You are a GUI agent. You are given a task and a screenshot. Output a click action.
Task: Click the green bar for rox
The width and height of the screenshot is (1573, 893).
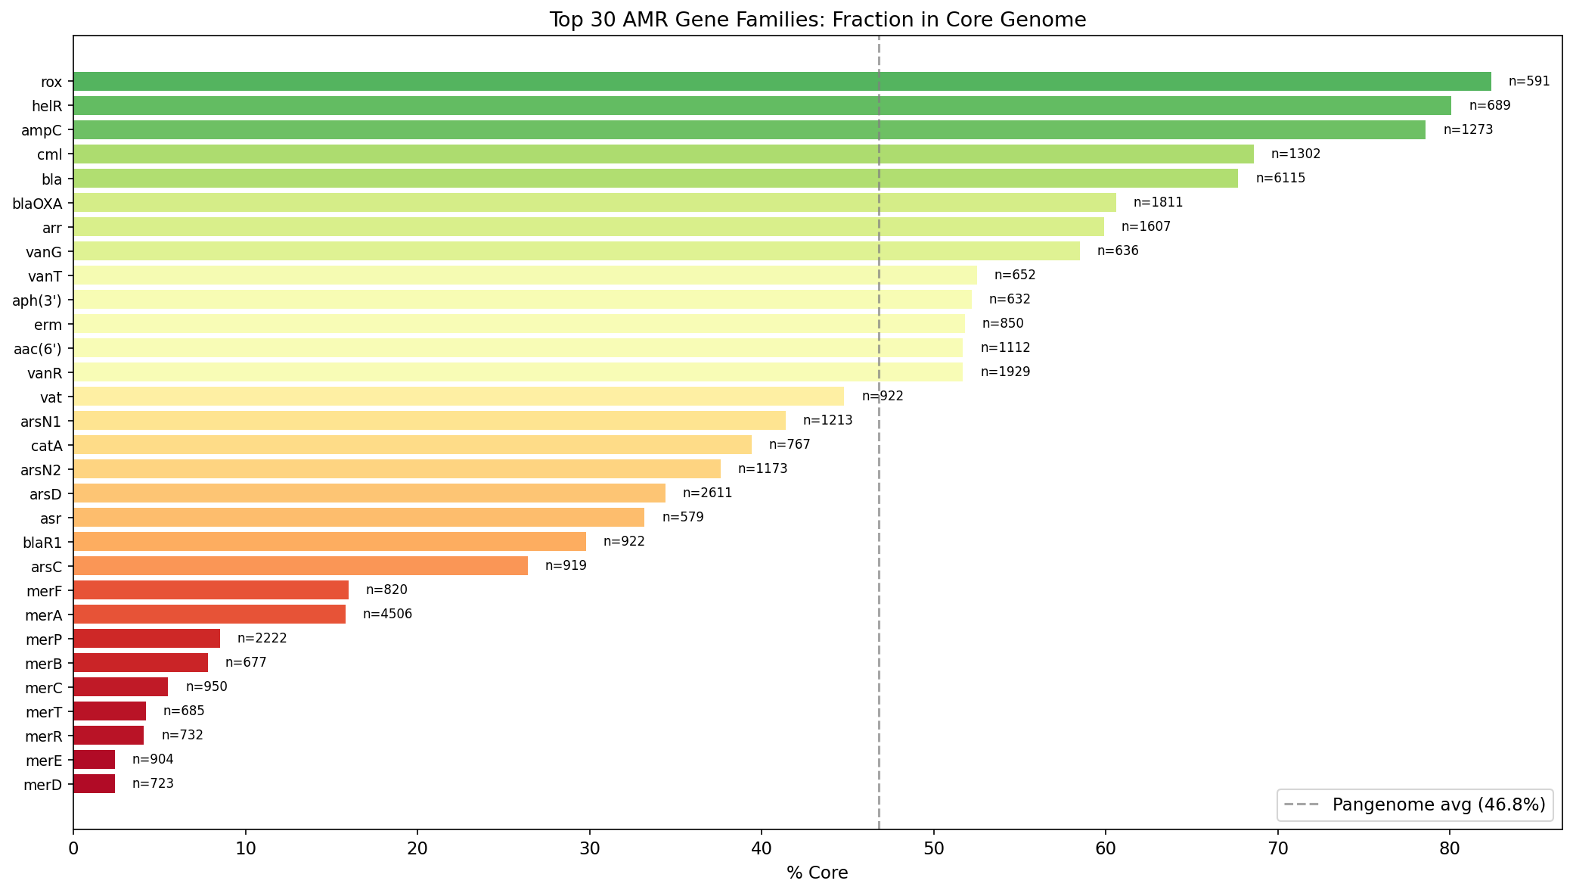[x=782, y=82]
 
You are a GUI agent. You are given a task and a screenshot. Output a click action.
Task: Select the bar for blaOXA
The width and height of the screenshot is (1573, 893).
[x=594, y=203]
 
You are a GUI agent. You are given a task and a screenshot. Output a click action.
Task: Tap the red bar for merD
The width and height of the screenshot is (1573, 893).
[x=94, y=784]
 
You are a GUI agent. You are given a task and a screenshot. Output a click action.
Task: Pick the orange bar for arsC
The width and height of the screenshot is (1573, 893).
[x=300, y=566]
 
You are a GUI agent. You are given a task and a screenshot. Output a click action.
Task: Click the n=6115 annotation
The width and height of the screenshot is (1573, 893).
[x=1280, y=179]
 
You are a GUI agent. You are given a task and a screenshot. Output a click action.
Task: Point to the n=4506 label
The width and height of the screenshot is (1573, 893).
[x=387, y=615]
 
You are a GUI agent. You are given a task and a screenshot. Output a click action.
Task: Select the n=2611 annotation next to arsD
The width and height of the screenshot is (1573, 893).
[x=707, y=493]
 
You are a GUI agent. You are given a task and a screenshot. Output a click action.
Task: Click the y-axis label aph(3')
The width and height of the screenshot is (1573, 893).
[x=37, y=300]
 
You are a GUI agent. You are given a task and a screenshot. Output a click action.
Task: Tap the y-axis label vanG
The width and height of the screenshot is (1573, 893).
[x=44, y=252]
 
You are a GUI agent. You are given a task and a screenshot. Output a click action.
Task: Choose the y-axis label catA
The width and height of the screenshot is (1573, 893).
[x=47, y=446]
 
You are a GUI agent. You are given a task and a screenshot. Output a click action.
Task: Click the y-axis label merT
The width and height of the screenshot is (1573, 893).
[x=44, y=712]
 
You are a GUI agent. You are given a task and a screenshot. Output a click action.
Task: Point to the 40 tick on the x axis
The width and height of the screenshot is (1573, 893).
[x=762, y=849]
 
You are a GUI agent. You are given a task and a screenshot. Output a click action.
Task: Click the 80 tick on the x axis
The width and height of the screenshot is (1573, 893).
[x=1450, y=849]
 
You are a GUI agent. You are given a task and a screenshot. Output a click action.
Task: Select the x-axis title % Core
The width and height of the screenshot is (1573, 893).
[x=817, y=873]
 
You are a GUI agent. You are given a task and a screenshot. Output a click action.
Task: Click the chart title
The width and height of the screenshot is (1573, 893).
[x=817, y=20]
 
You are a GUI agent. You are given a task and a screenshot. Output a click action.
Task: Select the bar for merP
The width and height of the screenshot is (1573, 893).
[x=147, y=639]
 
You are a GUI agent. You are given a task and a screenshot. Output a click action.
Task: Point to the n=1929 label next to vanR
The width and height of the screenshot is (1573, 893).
[x=1005, y=372]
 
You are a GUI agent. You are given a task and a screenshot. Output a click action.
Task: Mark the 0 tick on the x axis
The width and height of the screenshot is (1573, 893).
[x=73, y=849]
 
